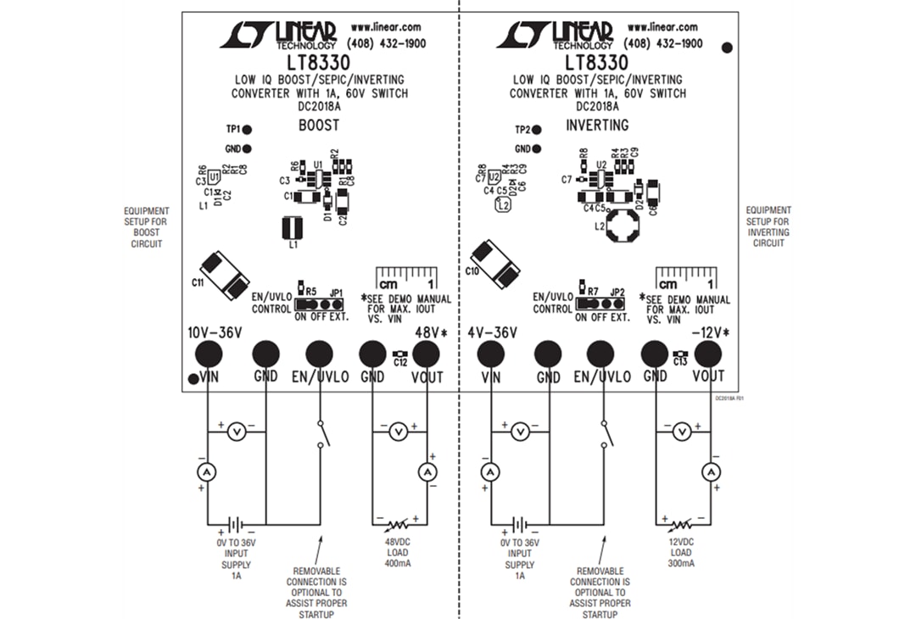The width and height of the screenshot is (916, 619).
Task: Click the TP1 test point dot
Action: click(x=247, y=130)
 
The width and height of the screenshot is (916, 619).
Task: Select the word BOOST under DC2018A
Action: click(x=319, y=125)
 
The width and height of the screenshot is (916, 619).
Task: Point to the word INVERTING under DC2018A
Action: click(x=598, y=125)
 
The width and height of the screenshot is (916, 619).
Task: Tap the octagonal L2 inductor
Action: click(x=628, y=227)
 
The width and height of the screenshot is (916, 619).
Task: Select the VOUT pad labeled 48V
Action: click(x=426, y=354)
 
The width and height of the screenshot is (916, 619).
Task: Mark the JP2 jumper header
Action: click(x=600, y=304)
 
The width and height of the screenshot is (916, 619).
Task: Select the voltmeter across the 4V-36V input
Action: click(x=521, y=432)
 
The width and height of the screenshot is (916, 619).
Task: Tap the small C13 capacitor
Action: click(x=679, y=354)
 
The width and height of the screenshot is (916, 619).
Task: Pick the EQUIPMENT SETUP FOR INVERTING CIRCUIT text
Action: click(x=768, y=226)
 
